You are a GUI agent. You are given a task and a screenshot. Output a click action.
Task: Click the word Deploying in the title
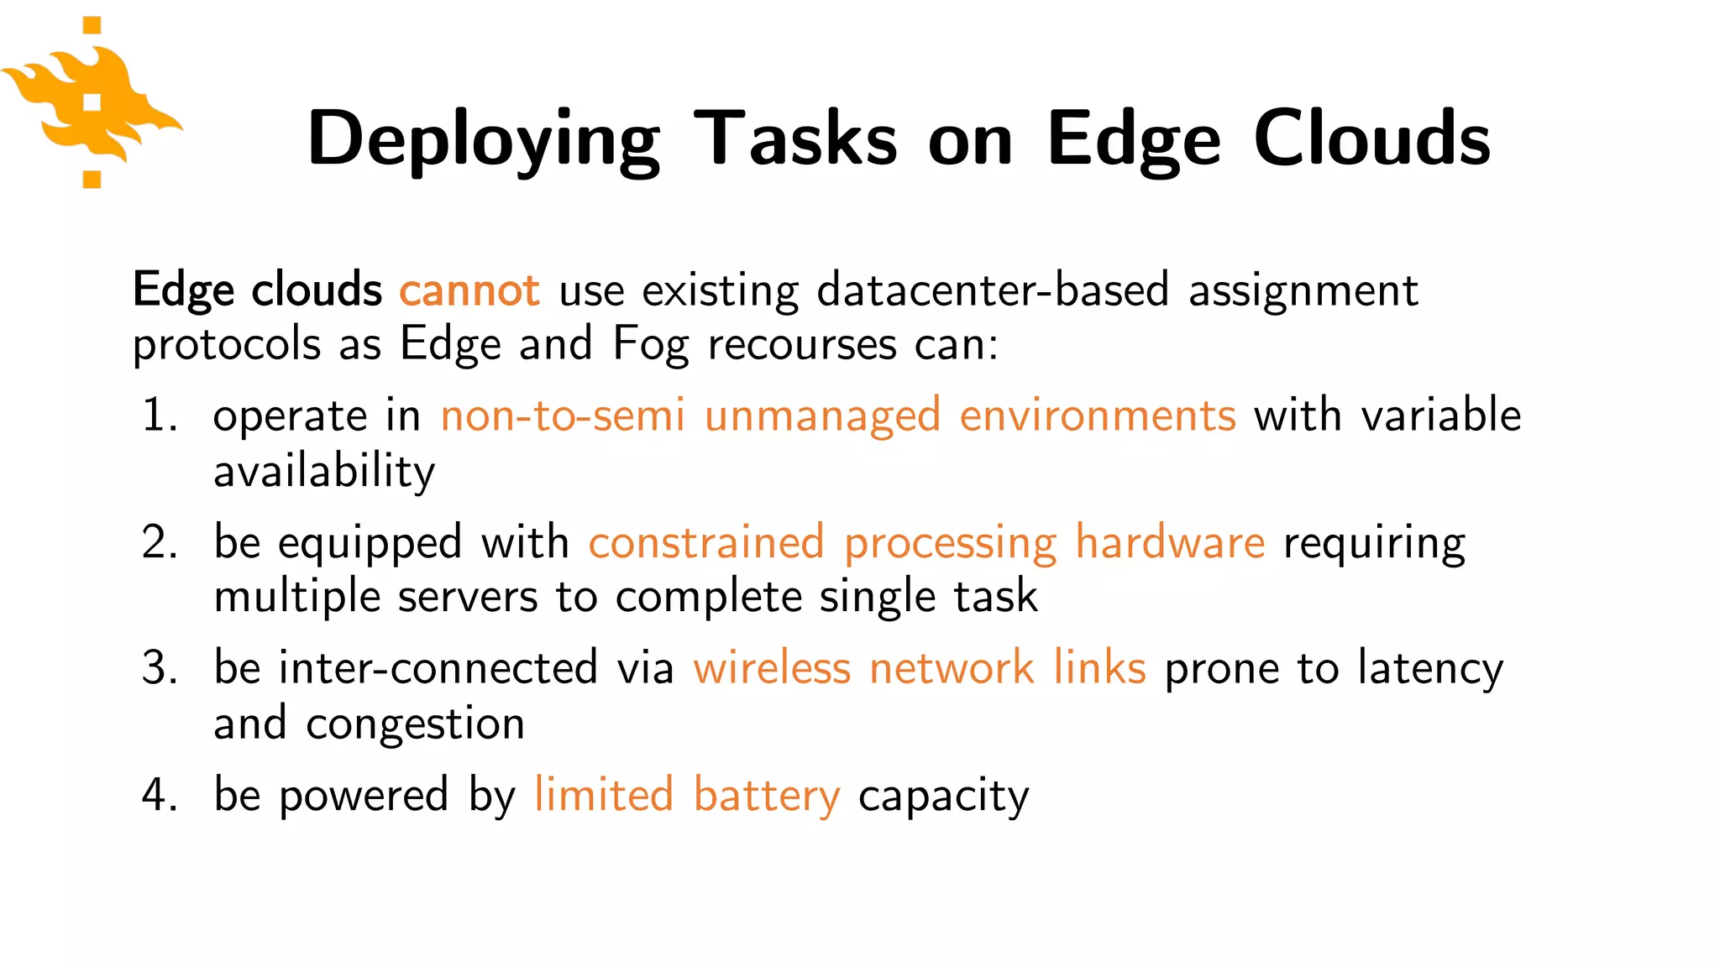483,139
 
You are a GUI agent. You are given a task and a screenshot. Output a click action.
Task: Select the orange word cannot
469,290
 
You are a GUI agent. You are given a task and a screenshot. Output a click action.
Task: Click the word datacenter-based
993,290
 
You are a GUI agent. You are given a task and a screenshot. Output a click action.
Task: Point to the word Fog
650,344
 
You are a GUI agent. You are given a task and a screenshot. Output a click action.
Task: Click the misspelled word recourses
802,345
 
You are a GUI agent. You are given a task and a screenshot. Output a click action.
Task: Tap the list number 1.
159,416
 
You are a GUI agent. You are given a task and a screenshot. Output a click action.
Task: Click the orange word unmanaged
822,416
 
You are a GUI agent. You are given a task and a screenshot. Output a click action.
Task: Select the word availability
324,471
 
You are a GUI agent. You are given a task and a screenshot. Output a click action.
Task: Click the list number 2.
159,542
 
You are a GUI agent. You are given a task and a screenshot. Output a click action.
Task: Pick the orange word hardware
1170,542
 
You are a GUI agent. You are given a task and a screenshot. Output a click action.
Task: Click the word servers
467,597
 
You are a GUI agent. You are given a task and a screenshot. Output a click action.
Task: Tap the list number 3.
159,668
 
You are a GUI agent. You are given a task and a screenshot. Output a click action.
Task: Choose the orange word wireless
772,668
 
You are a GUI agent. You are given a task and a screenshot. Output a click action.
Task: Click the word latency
1430,669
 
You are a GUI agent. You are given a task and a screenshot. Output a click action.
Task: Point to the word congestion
415,724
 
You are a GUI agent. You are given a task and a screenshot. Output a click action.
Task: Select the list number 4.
159,795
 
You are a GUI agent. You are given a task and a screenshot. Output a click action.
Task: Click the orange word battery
766,796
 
